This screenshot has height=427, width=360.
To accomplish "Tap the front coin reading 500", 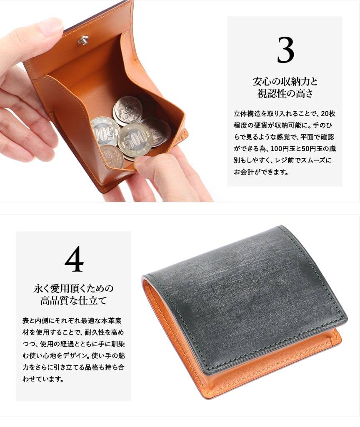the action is [135, 140].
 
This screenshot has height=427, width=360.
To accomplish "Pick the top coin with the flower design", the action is [127, 109].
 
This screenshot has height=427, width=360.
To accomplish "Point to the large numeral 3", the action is [285, 50].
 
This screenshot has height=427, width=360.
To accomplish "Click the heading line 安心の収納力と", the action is [285, 81].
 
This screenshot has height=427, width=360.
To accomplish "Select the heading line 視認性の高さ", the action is [285, 93].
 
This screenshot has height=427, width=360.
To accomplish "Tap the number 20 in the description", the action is [325, 114].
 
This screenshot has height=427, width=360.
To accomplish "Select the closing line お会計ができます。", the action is [261, 172].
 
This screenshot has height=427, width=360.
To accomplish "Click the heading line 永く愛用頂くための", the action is [73, 288].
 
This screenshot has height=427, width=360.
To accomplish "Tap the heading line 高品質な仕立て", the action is [73, 301].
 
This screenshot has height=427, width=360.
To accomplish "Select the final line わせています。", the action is [43, 379].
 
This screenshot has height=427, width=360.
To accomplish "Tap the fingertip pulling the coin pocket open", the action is [146, 163].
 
